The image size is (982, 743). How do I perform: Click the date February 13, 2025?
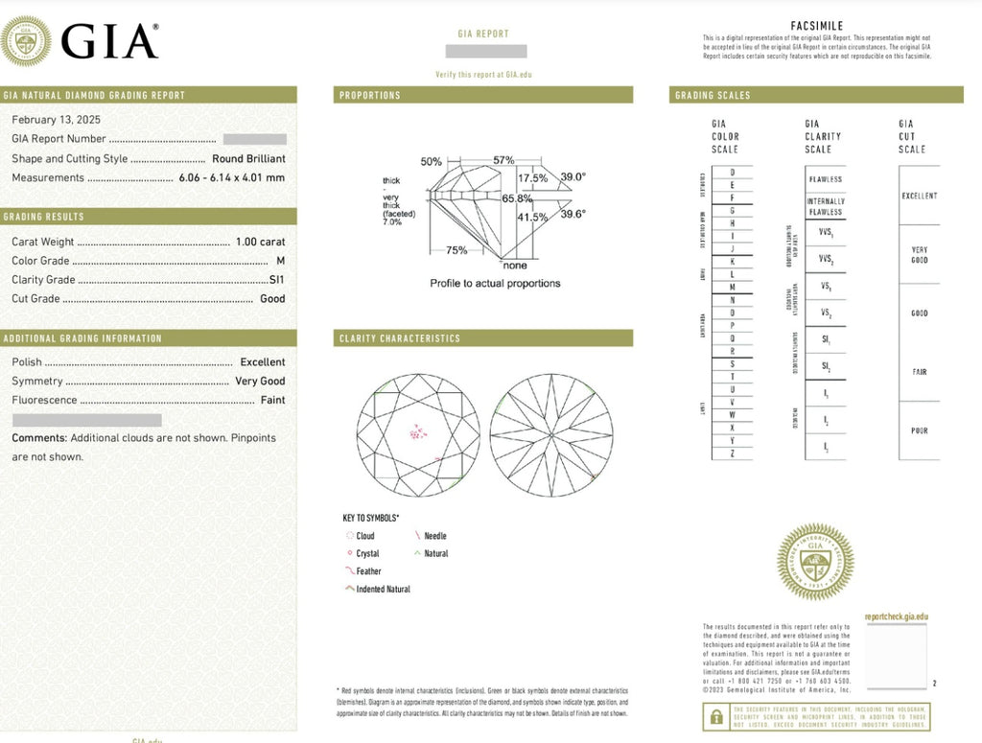pyautogui.click(x=56, y=120)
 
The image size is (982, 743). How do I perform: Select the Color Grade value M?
pyautogui.click(x=280, y=261)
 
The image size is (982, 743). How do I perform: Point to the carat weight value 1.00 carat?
pyautogui.click(x=260, y=242)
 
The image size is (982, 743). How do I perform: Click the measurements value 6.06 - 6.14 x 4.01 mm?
pyautogui.click(x=231, y=177)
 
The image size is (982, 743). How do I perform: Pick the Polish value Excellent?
pyautogui.click(x=262, y=362)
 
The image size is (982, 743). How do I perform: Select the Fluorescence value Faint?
pyautogui.click(x=272, y=400)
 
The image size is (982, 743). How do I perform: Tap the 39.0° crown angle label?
pyautogui.click(x=573, y=177)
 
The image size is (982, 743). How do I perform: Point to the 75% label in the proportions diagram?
pyautogui.click(x=456, y=250)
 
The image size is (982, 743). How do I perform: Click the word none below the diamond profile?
pyautogui.click(x=515, y=265)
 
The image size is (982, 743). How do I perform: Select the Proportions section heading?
pyautogui.click(x=370, y=96)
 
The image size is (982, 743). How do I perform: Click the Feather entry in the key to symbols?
pyautogui.click(x=368, y=571)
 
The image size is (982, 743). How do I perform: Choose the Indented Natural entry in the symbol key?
pyautogui.click(x=383, y=590)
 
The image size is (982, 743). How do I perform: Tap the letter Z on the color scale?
pyautogui.click(x=733, y=453)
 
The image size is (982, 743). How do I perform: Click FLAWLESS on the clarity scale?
pyautogui.click(x=825, y=179)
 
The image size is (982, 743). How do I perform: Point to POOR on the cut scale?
pyautogui.click(x=919, y=431)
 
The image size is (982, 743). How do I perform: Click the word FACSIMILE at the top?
pyautogui.click(x=817, y=26)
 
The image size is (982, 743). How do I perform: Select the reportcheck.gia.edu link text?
pyautogui.click(x=896, y=617)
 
